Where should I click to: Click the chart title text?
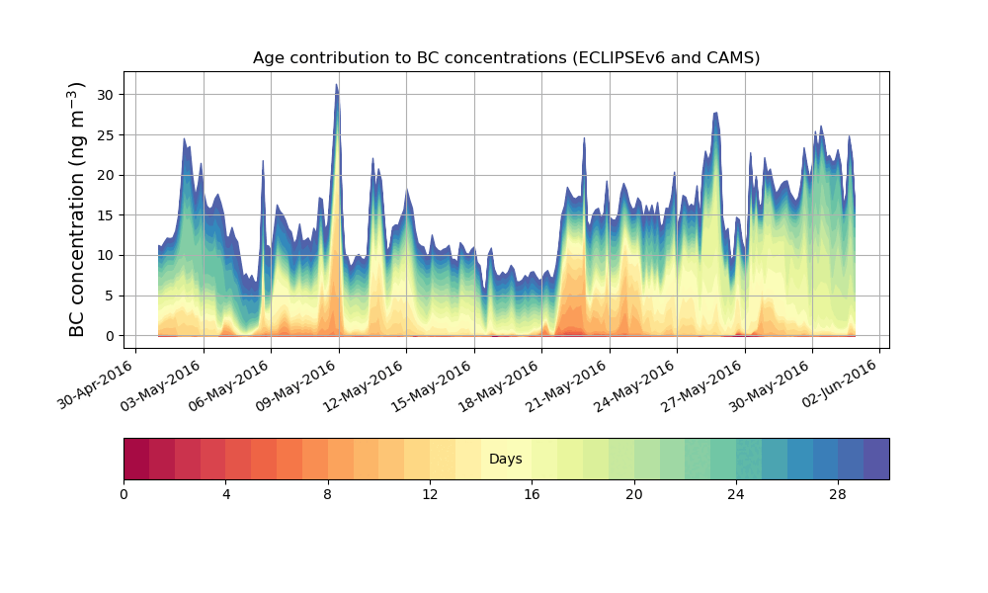point(506,57)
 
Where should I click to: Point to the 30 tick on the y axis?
point(104,95)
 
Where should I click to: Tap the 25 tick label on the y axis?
point(104,135)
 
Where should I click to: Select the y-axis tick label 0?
point(108,336)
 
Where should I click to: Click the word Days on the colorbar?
point(506,460)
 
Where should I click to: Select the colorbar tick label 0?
point(123,494)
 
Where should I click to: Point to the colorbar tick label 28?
point(838,494)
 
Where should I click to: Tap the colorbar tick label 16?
point(532,494)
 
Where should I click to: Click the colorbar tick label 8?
point(328,494)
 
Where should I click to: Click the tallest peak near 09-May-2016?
point(337,86)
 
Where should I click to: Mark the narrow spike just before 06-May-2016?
point(263,162)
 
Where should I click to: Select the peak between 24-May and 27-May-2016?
point(715,115)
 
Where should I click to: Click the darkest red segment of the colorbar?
point(136,459)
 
